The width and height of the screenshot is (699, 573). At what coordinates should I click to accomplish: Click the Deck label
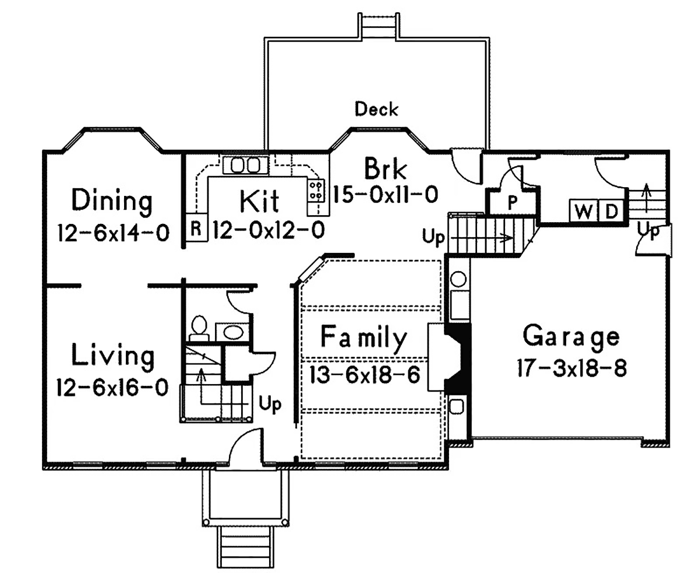(x=376, y=109)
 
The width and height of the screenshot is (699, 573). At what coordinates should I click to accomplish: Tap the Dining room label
(x=112, y=201)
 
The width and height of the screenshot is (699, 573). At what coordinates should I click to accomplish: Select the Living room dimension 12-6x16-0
(x=112, y=387)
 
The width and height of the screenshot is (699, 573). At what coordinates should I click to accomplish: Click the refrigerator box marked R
(x=196, y=227)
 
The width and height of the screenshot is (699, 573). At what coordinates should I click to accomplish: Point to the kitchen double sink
(x=245, y=165)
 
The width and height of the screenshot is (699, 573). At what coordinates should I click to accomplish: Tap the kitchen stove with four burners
(x=316, y=191)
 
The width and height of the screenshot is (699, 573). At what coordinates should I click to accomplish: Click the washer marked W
(x=584, y=210)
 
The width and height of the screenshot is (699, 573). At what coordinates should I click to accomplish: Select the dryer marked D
(x=611, y=210)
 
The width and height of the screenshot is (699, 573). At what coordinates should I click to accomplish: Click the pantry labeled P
(x=512, y=202)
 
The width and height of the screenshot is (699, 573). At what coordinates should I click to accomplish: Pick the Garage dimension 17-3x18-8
(x=572, y=368)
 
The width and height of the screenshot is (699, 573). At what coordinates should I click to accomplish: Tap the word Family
(x=363, y=338)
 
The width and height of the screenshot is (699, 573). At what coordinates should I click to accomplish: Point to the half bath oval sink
(x=232, y=332)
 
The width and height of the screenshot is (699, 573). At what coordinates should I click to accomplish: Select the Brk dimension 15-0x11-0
(x=386, y=195)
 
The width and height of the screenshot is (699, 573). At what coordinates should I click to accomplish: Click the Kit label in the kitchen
(x=259, y=201)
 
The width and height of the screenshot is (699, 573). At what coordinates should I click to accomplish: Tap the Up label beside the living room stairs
(x=270, y=404)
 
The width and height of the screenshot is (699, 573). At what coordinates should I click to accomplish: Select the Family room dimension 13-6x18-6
(x=365, y=375)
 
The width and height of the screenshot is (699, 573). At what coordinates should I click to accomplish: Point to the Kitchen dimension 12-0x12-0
(x=268, y=230)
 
